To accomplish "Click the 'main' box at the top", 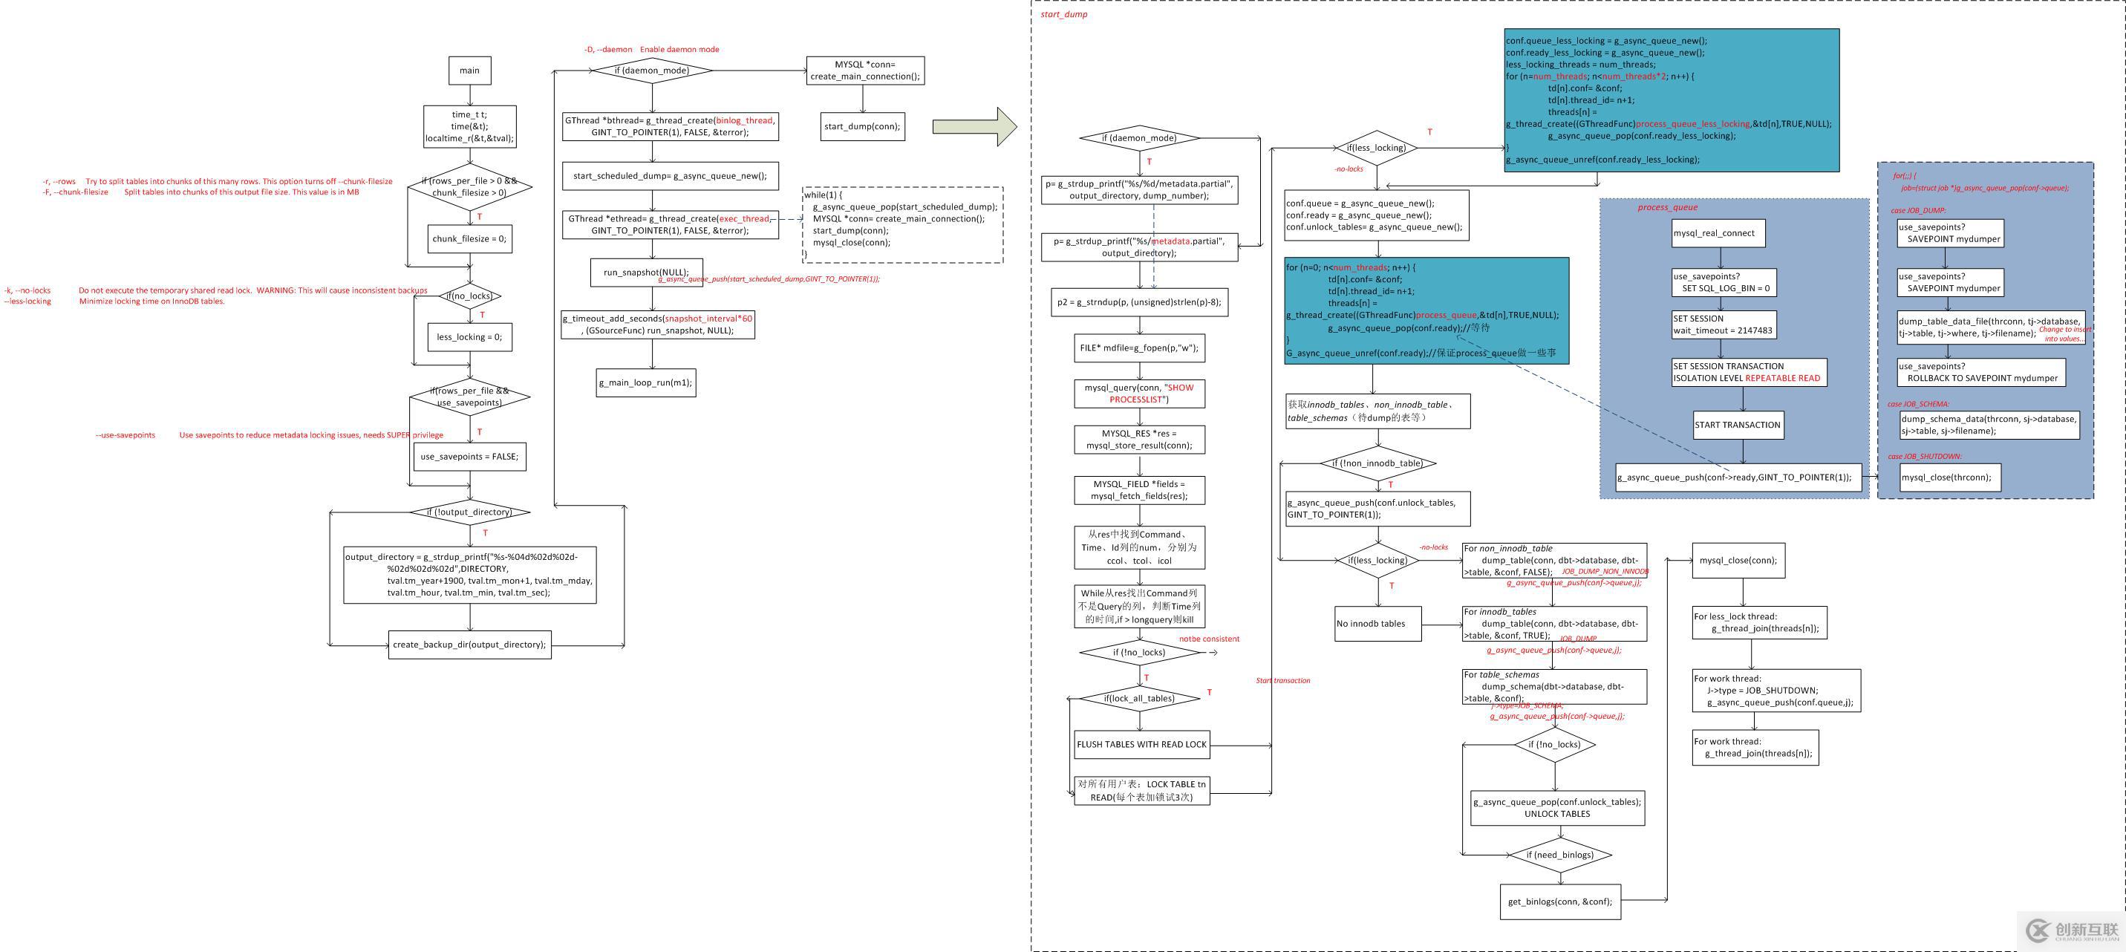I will (x=469, y=71).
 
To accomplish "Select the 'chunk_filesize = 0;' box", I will (x=469, y=238).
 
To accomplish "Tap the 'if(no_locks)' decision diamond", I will (x=469, y=296).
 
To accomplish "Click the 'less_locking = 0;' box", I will (x=469, y=337).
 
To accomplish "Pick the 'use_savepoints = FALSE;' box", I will (x=469, y=457).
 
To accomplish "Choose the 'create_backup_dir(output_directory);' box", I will (x=469, y=645).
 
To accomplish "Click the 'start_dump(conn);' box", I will (x=862, y=126).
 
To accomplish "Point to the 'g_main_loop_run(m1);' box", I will (x=645, y=383).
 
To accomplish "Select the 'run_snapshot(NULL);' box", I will (x=645, y=273).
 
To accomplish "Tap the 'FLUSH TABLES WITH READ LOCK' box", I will (x=1141, y=745).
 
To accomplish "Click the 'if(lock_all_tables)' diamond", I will (x=1139, y=699).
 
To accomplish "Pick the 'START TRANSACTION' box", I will (x=1738, y=426).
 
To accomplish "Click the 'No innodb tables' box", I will (x=1377, y=625).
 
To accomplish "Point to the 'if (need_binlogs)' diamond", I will (x=1559, y=855).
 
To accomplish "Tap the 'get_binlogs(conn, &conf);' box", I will (x=1559, y=902).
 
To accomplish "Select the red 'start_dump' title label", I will (x=1064, y=14).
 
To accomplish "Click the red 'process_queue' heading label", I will (x=1667, y=207).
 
